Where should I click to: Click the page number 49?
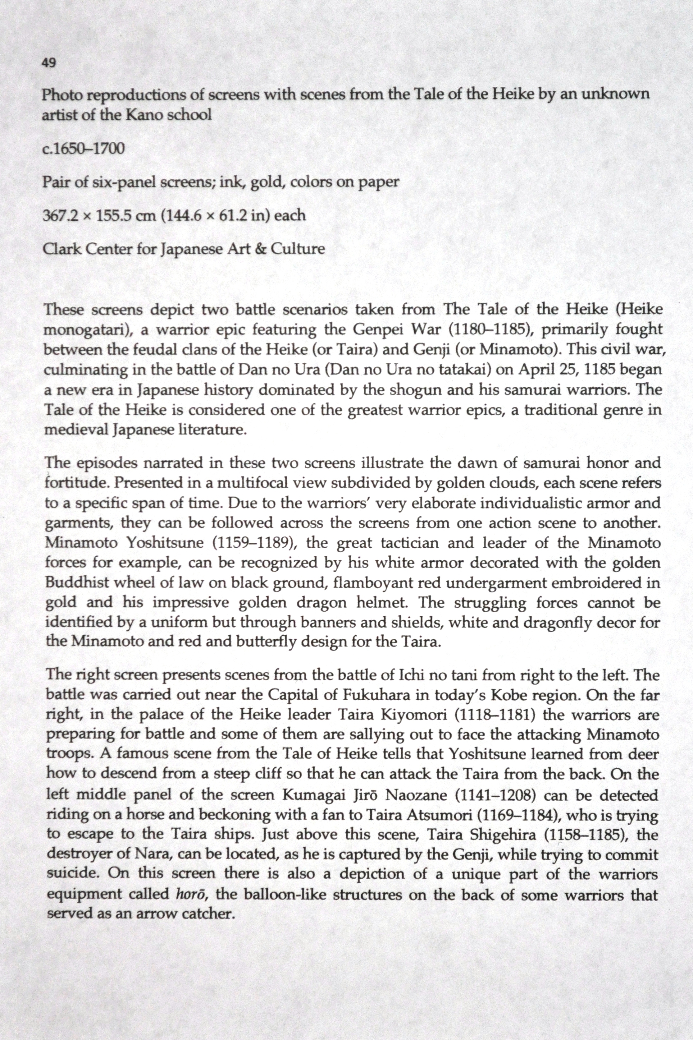[x=49, y=63]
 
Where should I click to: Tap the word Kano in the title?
[x=144, y=115]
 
